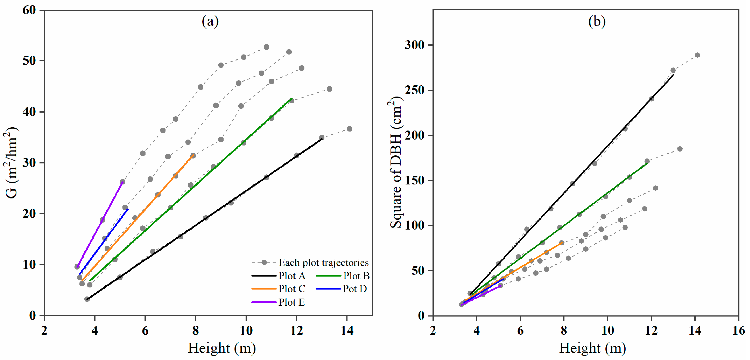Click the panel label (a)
coord(210,21)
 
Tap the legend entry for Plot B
coord(356,276)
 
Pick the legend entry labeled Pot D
coord(355,289)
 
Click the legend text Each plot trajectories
coord(323,262)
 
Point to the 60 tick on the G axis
coord(29,10)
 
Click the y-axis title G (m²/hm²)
coord(12,163)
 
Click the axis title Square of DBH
coord(396,163)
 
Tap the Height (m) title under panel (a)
coord(222,348)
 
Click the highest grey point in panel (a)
coord(266,47)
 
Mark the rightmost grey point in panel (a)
coord(350,129)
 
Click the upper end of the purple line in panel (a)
coord(122,182)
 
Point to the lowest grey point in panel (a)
coord(87,299)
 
